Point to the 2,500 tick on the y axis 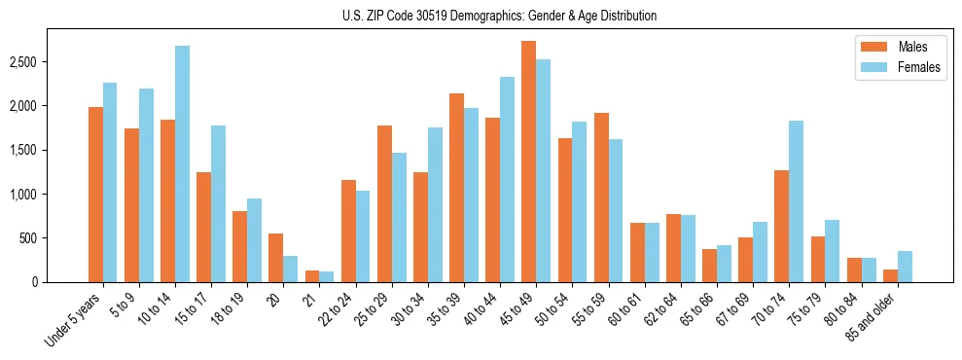point(20,61)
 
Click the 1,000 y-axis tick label point(20,194)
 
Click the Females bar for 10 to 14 point(183,163)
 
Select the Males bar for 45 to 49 point(528,162)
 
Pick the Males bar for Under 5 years point(95,195)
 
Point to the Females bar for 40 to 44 point(508,179)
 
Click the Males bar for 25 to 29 point(384,203)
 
